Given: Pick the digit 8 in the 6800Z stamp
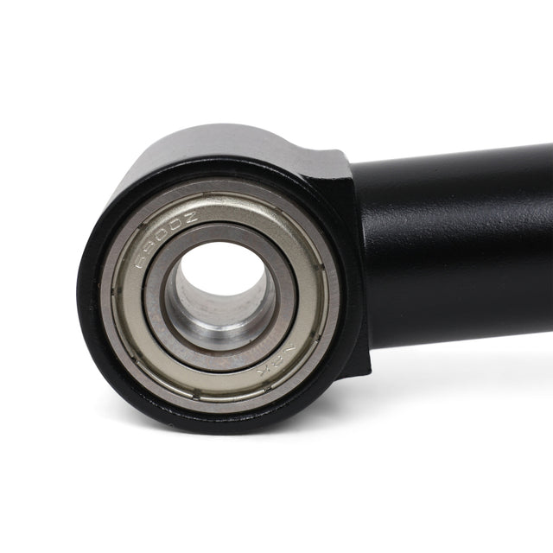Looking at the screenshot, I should pos(149,254).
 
